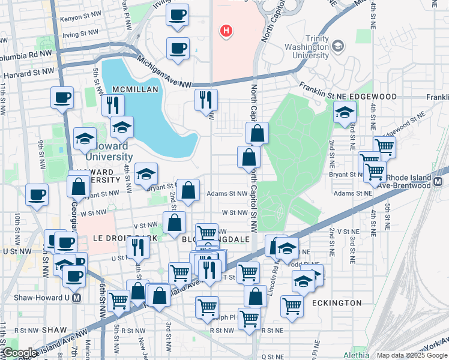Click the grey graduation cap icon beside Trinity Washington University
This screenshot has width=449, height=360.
pyautogui.click(x=338, y=46)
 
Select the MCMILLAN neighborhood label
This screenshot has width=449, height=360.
pyautogui.click(x=135, y=89)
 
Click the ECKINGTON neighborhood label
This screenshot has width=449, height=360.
pyautogui.click(x=337, y=303)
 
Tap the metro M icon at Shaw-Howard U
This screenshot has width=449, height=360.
pyautogui.click(x=76, y=297)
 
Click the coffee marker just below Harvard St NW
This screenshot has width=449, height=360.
pyautogui.click(x=61, y=98)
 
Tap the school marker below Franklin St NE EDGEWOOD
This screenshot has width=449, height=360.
pyautogui.click(x=345, y=112)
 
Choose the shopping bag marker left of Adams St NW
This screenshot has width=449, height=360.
pyautogui.click(x=188, y=190)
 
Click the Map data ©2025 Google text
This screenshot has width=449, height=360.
pyautogui.click(x=412, y=355)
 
